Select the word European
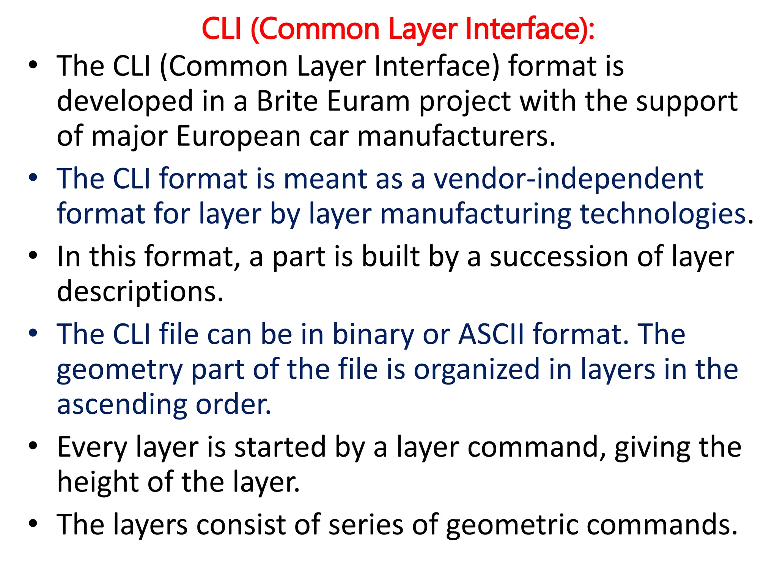pyautogui.click(x=239, y=136)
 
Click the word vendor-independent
pyautogui.click(x=568, y=179)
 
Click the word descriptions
pyautogui.click(x=140, y=291)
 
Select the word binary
pyautogui.click(x=373, y=334)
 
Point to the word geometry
pyautogui.click(x=120, y=370)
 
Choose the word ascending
pyautogui.click(x=122, y=405)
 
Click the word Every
pyautogui.click(x=92, y=447)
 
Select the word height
pyautogui.click(x=98, y=482)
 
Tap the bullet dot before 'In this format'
pyautogui.click(x=33, y=255)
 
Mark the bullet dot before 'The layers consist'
pyautogui.click(x=33, y=523)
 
